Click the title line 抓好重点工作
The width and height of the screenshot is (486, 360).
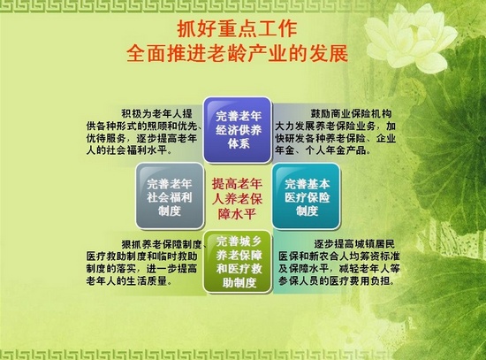coord(237,29)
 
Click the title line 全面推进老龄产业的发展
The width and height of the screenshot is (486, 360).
coord(237,53)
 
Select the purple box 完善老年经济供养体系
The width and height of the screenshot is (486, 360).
coord(238,129)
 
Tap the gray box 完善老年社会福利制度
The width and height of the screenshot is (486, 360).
coord(170,196)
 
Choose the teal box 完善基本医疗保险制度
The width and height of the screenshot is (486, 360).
coord(307,196)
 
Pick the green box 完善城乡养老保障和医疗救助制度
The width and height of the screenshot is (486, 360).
coord(238,262)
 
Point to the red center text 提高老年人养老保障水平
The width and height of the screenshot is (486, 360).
coord(238,198)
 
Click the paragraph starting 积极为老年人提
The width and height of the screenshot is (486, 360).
coord(144,132)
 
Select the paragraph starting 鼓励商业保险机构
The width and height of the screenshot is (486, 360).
coord(336,132)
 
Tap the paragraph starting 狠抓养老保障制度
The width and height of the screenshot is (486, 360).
coord(147,263)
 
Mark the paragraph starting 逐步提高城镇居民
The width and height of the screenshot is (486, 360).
coord(338,263)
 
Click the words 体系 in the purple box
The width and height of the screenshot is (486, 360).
coord(238,143)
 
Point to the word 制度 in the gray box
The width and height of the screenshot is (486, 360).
coord(170,211)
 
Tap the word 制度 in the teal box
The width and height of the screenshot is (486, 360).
coord(307,211)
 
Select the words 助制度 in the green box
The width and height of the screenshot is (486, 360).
coord(239,282)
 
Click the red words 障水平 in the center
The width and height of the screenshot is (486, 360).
coord(237,214)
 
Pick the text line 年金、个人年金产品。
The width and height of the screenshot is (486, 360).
coord(323,151)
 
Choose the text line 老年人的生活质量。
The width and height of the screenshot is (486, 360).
coord(129,281)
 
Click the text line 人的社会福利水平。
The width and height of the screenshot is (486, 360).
coord(129,151)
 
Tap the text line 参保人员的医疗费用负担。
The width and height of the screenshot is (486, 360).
coord(337,281)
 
